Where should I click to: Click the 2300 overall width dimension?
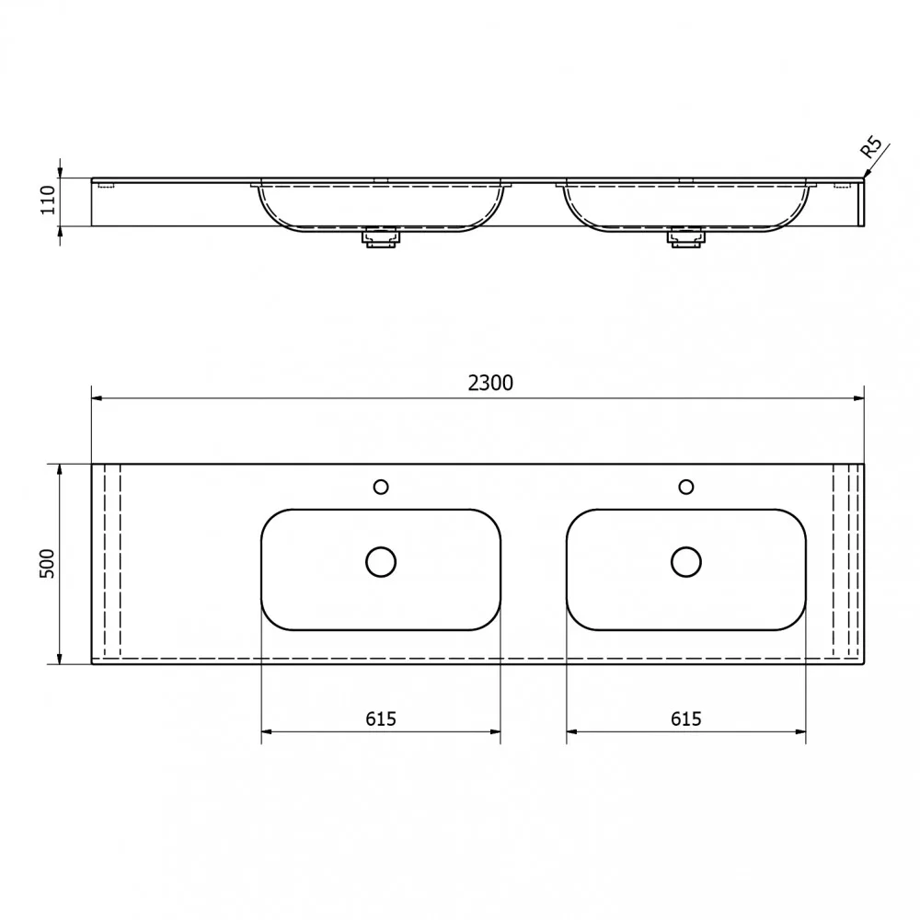coord(490,383)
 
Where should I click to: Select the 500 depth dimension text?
coord(47,564)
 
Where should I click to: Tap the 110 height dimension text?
coord(48,200)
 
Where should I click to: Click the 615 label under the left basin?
coord(381,719)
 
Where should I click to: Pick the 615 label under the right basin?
coord(686,719)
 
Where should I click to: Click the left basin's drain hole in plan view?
coord(381,562)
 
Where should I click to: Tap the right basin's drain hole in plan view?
coord(686,562)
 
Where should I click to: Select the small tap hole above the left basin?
coord(381,487)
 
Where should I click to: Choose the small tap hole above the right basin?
coord(686,487)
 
